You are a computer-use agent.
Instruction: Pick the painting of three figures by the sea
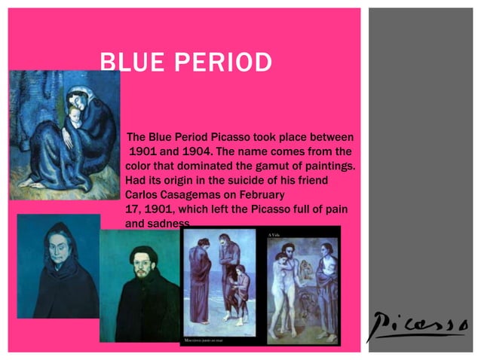[222, 285]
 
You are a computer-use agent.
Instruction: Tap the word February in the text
[283, 194]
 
